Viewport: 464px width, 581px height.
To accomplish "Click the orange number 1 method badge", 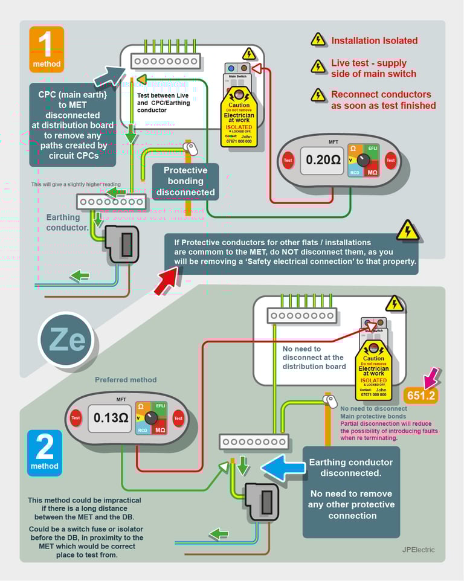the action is [x=47, y=50].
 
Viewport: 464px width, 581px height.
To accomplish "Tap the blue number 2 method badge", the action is [x=45, y=452].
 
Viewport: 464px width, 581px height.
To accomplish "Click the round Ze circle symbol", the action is [x=66, y=340].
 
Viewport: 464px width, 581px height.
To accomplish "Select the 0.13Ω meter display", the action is [x=109, y=418].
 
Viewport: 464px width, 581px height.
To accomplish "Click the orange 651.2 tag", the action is [x=421, y=396].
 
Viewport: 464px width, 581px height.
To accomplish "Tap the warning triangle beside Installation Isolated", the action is [x=318, y=40].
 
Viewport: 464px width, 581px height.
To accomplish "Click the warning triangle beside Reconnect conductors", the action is [x=318, y=95].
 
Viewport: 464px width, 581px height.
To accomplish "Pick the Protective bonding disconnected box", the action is [x=185, y=181].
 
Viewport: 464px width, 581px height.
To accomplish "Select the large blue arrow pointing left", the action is [x=283, y=469].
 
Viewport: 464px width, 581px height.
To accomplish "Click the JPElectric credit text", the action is [x=418, y=550].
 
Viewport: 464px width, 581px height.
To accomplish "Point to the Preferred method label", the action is [x=126, y=380].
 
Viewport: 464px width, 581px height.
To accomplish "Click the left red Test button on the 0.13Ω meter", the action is [x=76, y=417].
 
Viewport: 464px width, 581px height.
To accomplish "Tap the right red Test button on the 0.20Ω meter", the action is [x=390, y=160].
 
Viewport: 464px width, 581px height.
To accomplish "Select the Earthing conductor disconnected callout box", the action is [x=351, y=489].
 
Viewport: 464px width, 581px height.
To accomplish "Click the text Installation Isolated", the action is [x=374, y=40].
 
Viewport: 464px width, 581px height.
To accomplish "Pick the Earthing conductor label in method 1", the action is [x=67, y=222].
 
